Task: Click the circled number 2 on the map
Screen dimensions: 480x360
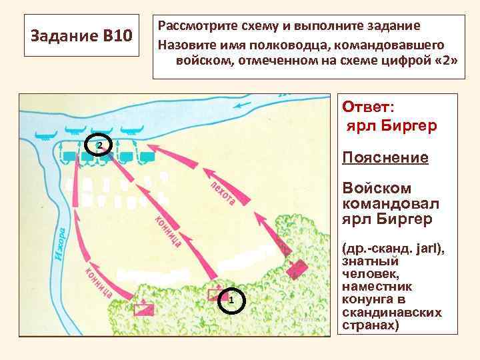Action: pyautogui.click(x=98, y=145)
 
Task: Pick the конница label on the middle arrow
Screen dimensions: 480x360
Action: pyautogui.click(x=168, y=231)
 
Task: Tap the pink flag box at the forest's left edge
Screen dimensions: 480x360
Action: pyautogui.click(x=143, y=309)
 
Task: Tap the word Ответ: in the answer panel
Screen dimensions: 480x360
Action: pyautogui.click(x=367, y=107)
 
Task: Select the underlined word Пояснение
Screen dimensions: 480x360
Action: pyautogui.click(x=385, y=157)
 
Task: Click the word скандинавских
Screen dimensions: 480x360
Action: pyautogui.click(x=391, y=313)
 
